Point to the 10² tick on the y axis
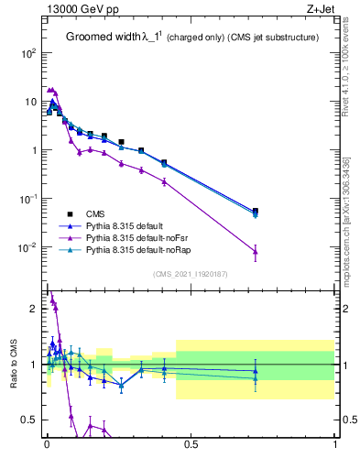27,53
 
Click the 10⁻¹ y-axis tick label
26,199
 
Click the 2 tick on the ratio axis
33,309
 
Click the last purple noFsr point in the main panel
256,251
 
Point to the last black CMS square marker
256,211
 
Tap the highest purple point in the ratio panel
51,298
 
